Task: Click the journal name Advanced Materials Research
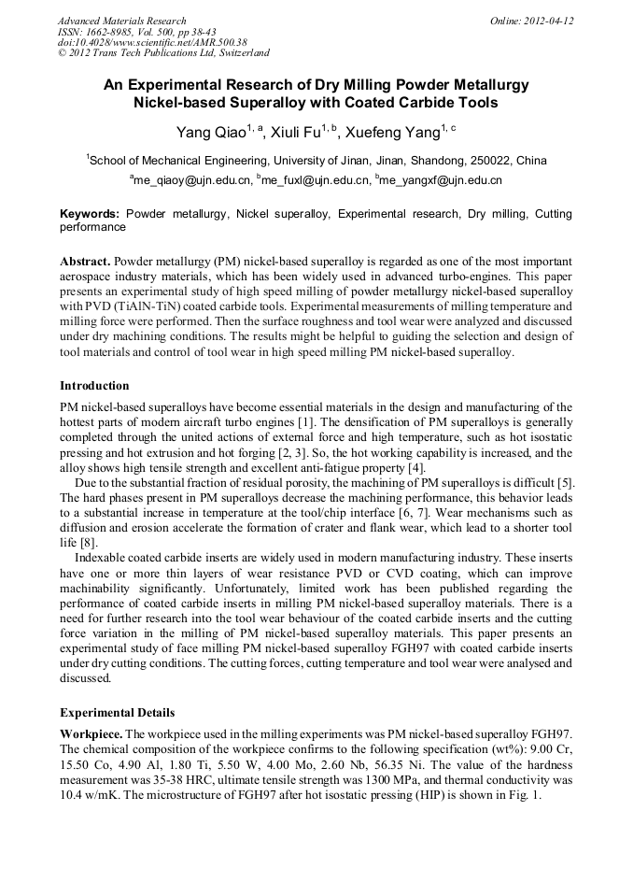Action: point(121,21)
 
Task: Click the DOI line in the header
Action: point(151,42)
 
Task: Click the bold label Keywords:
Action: point(90,214)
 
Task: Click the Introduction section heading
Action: point(94,385)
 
